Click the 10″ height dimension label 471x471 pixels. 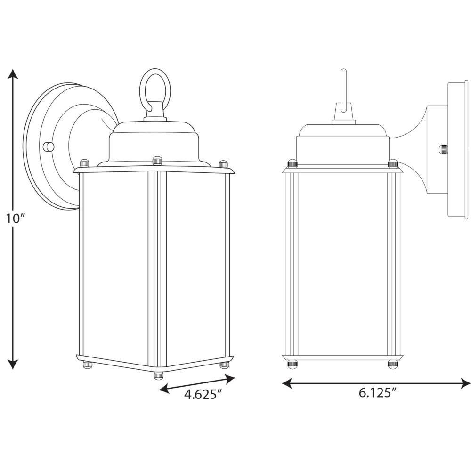tap(15, 219)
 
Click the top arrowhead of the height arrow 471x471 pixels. tap(12, 73)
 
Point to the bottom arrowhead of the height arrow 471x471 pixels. tap(12, 364)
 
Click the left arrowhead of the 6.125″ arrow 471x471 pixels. tap(287, 383)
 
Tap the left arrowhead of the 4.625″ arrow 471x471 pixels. tap(164, 390)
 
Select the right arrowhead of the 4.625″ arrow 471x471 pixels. tap(229, 379)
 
